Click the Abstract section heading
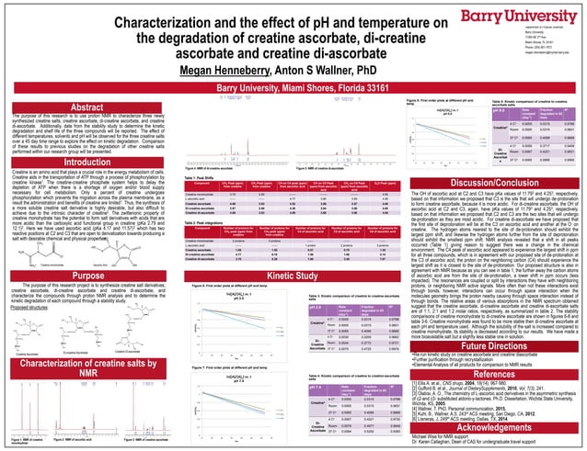(62, 107)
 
